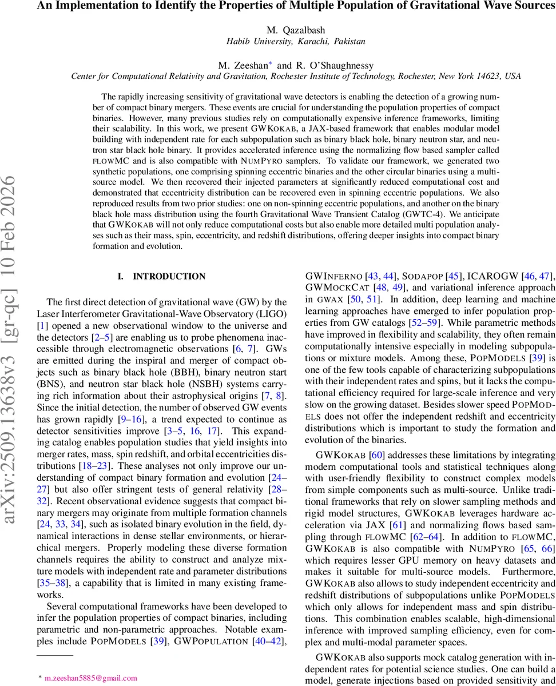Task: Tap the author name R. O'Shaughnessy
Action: pyautogui.click(x=335, y=65)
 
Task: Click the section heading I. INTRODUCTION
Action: pyautogui.click(x=161, y=277)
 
